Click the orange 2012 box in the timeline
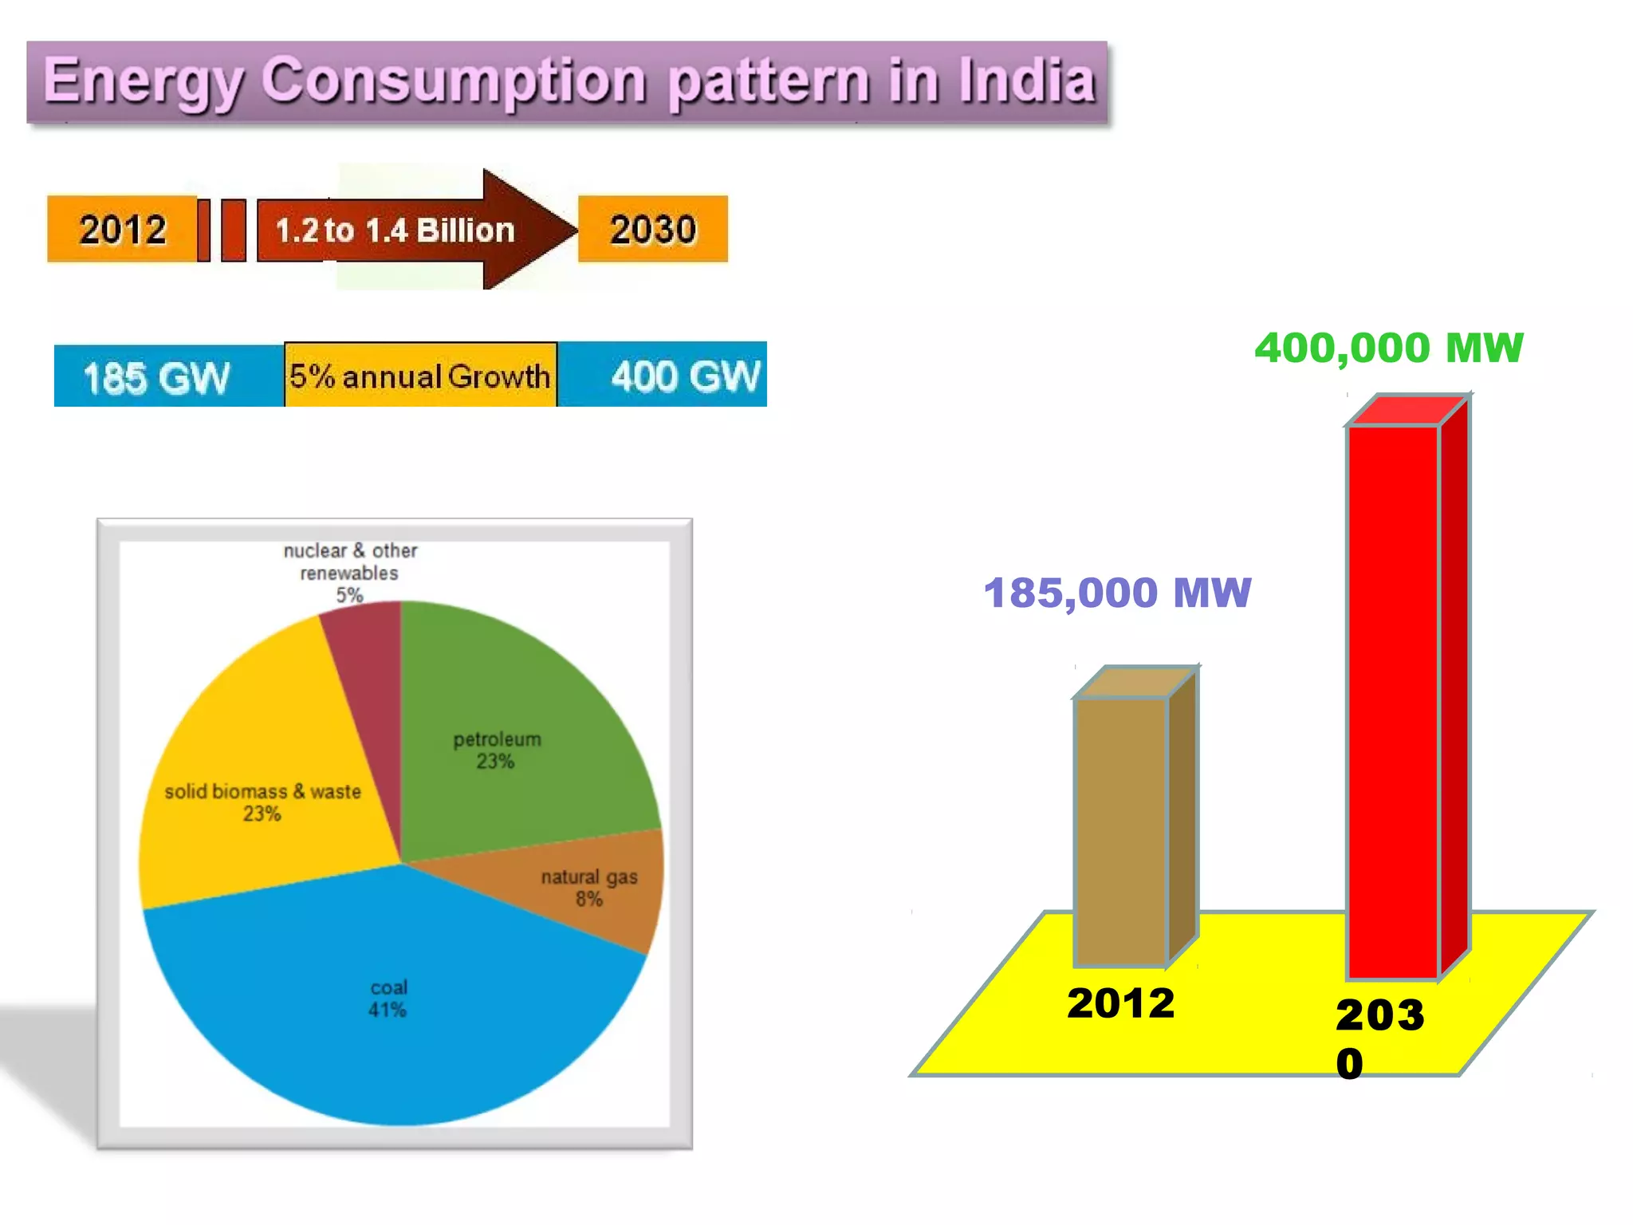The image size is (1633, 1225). click(122, 230)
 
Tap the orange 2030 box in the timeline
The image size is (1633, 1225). click(653, 230)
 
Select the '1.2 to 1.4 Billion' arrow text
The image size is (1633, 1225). click(395, 230)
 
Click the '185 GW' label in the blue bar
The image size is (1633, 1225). click(156, 377)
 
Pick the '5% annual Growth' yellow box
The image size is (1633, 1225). click(420, 376)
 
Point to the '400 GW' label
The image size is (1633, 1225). click(685, 376)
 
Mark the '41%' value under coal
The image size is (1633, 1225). click(388, 1010)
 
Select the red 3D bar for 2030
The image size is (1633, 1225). click(1394, 702)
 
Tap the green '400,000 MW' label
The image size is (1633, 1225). click(1389, 349)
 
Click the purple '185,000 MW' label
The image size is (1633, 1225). click(1117, 593)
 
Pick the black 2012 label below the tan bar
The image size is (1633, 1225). click(1121, 1003)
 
